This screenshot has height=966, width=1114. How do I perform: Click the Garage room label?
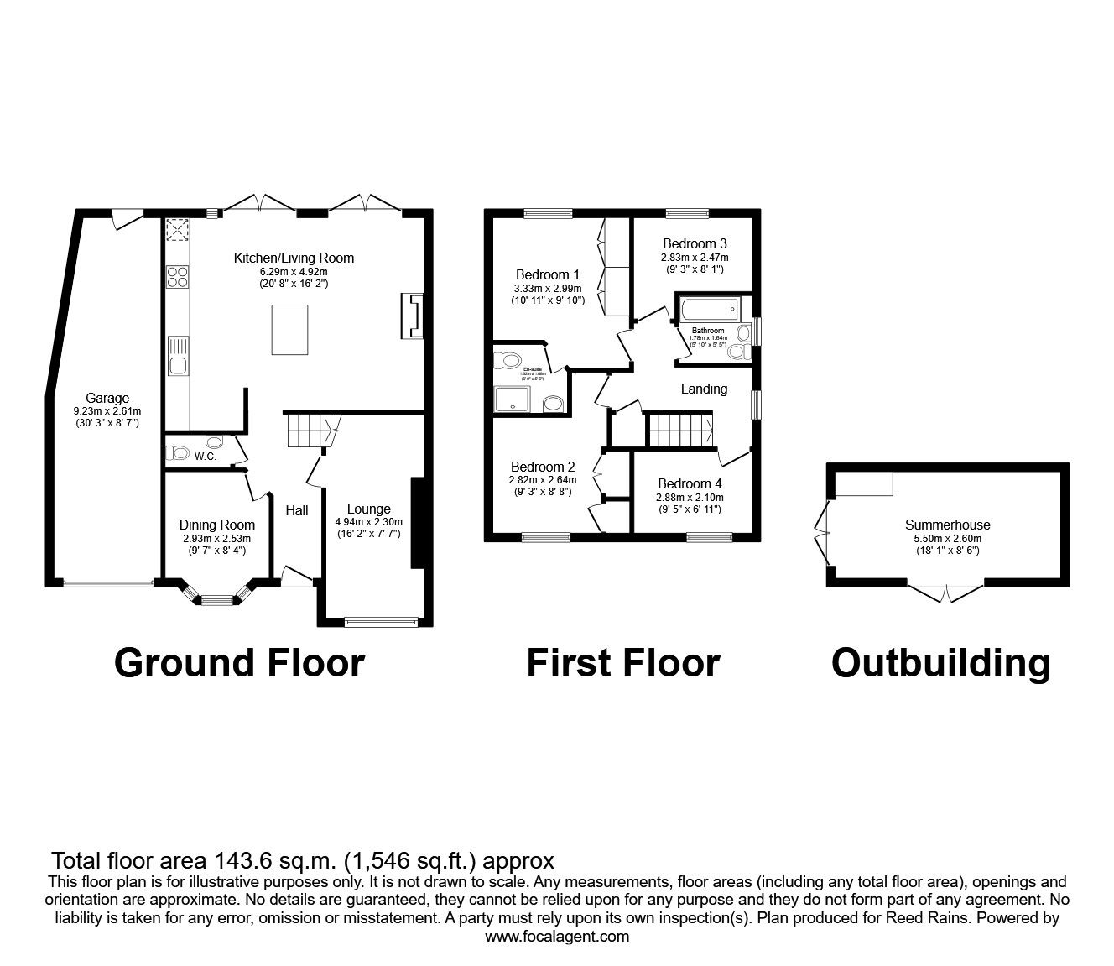(107, 398)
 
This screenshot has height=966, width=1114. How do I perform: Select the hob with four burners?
(177, 276)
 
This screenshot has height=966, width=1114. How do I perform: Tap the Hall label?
(297, 510)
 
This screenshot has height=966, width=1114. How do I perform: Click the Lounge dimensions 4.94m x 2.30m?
(369, 521)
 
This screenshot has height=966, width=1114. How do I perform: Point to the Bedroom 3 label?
(695, 244)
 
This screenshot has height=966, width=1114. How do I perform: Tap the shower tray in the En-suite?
(516, 400)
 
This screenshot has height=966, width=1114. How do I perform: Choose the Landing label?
(704, 389)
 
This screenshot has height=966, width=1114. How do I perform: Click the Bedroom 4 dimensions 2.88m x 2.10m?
(690, 497)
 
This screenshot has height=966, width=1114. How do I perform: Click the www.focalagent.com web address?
(557, 937)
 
